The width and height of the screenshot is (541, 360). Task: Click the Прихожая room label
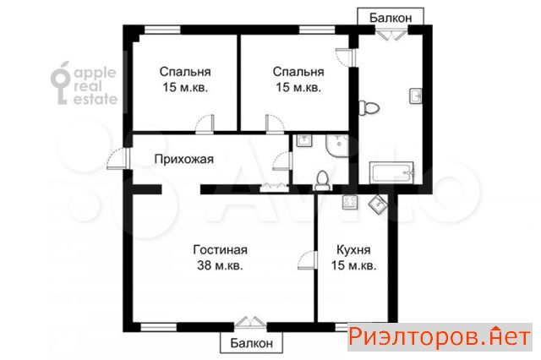(184, 160)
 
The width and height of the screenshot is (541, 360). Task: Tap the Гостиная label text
(220, 249)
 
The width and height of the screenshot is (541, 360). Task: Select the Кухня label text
(353, 249)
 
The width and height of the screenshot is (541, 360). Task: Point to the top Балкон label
(391, 18)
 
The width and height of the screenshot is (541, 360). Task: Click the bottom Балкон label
(252, 343)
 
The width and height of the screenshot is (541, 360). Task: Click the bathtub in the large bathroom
(392, 172)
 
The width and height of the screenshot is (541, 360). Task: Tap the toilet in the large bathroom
(369, 108)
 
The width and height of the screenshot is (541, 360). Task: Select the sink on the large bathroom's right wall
(416, 95)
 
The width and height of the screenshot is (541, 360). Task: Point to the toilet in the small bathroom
(323, 181)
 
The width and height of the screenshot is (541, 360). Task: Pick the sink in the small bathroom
(304, 140)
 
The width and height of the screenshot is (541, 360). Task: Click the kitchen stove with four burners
(350, 202)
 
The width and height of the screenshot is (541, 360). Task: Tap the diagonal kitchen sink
(378, 205)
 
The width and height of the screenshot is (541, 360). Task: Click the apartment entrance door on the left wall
(118, 159)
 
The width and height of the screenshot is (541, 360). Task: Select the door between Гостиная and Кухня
(307, 259)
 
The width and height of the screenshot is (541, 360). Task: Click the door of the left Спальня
(205, 123)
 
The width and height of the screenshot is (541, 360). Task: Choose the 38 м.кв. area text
(220, 265)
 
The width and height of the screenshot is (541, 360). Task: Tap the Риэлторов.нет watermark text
(440, 336)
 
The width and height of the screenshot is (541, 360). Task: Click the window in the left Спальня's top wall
(162, 30)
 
